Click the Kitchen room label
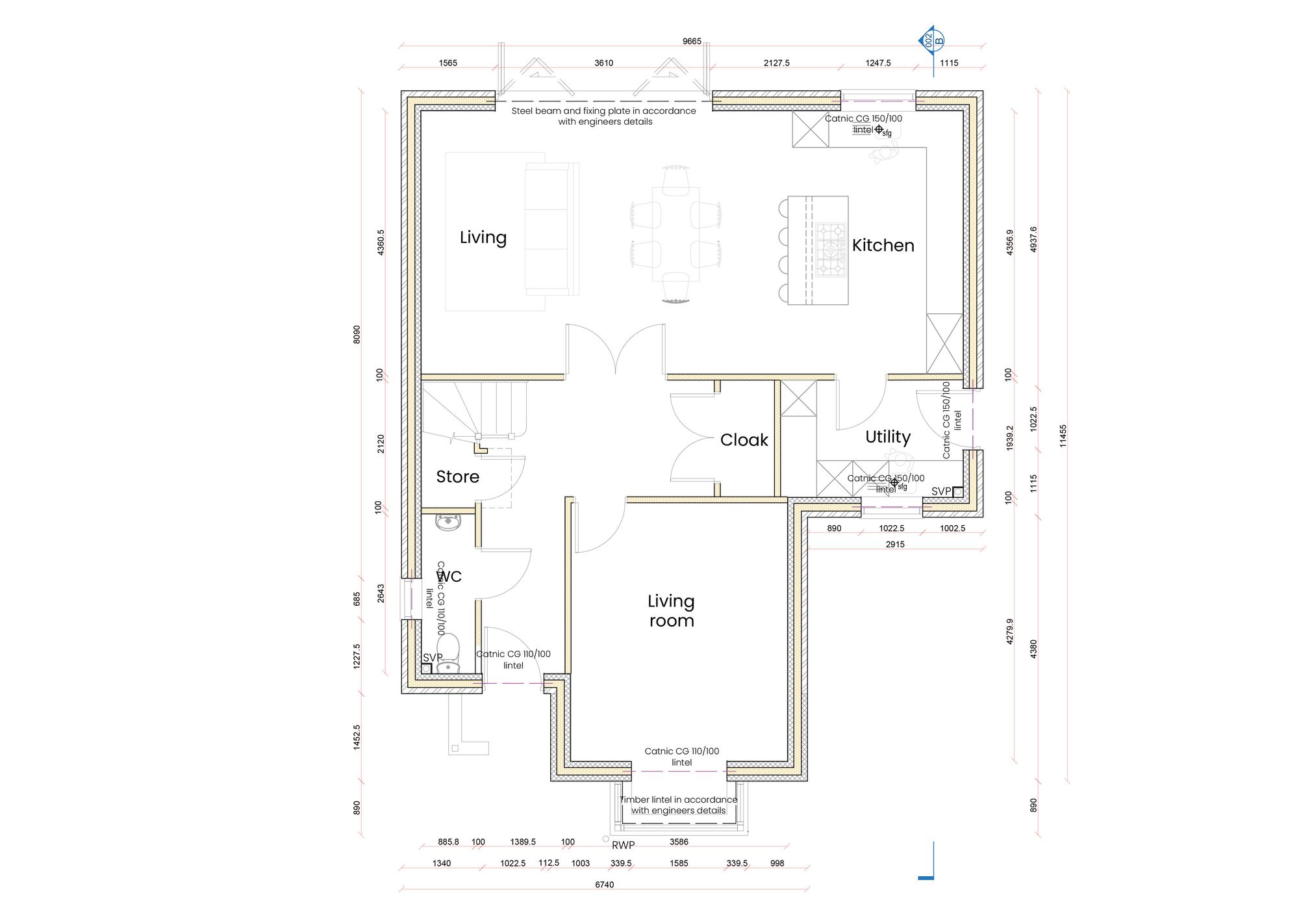(x=883, y=246)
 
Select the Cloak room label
(x=744, y=440)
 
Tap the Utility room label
(x=887, y=437)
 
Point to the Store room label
(x=457, y=476)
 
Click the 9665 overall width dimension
(x=692, y=42)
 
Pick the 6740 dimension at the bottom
(x=604, y=885)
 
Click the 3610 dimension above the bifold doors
(x=603, y=63)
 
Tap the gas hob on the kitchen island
(x=831, y=250)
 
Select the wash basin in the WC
(x=448, y=522)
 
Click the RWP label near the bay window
(x=623, y=845)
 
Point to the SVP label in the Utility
(x=940, y=491)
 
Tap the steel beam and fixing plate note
(x=604, y=116)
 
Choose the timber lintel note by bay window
(x=678, y=805)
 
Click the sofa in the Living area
(x=551, y=229)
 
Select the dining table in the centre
(x=675, y=234)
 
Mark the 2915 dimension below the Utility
(x=894, y=545)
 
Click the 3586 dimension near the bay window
(x=679, y=842)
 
